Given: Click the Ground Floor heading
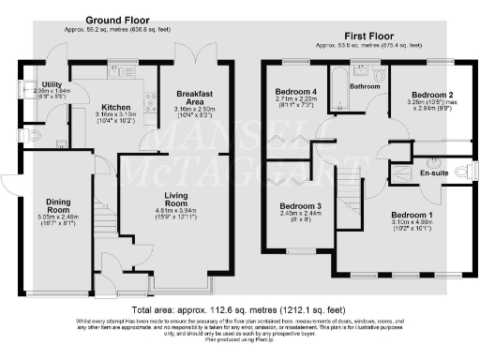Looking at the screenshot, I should pyautogui.click(x=119, y=20).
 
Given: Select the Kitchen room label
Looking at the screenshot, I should pyautogui.click(x=115, y=107).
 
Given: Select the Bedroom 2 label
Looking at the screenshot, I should pyautogui.click(x=432, y=96).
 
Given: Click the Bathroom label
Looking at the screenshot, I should pyautogui.click(x=364, y=86).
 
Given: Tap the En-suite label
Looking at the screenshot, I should pyautogui.click(x=433, y=173).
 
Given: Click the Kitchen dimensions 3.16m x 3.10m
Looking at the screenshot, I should pyautogui.click(x=115, y=116).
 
